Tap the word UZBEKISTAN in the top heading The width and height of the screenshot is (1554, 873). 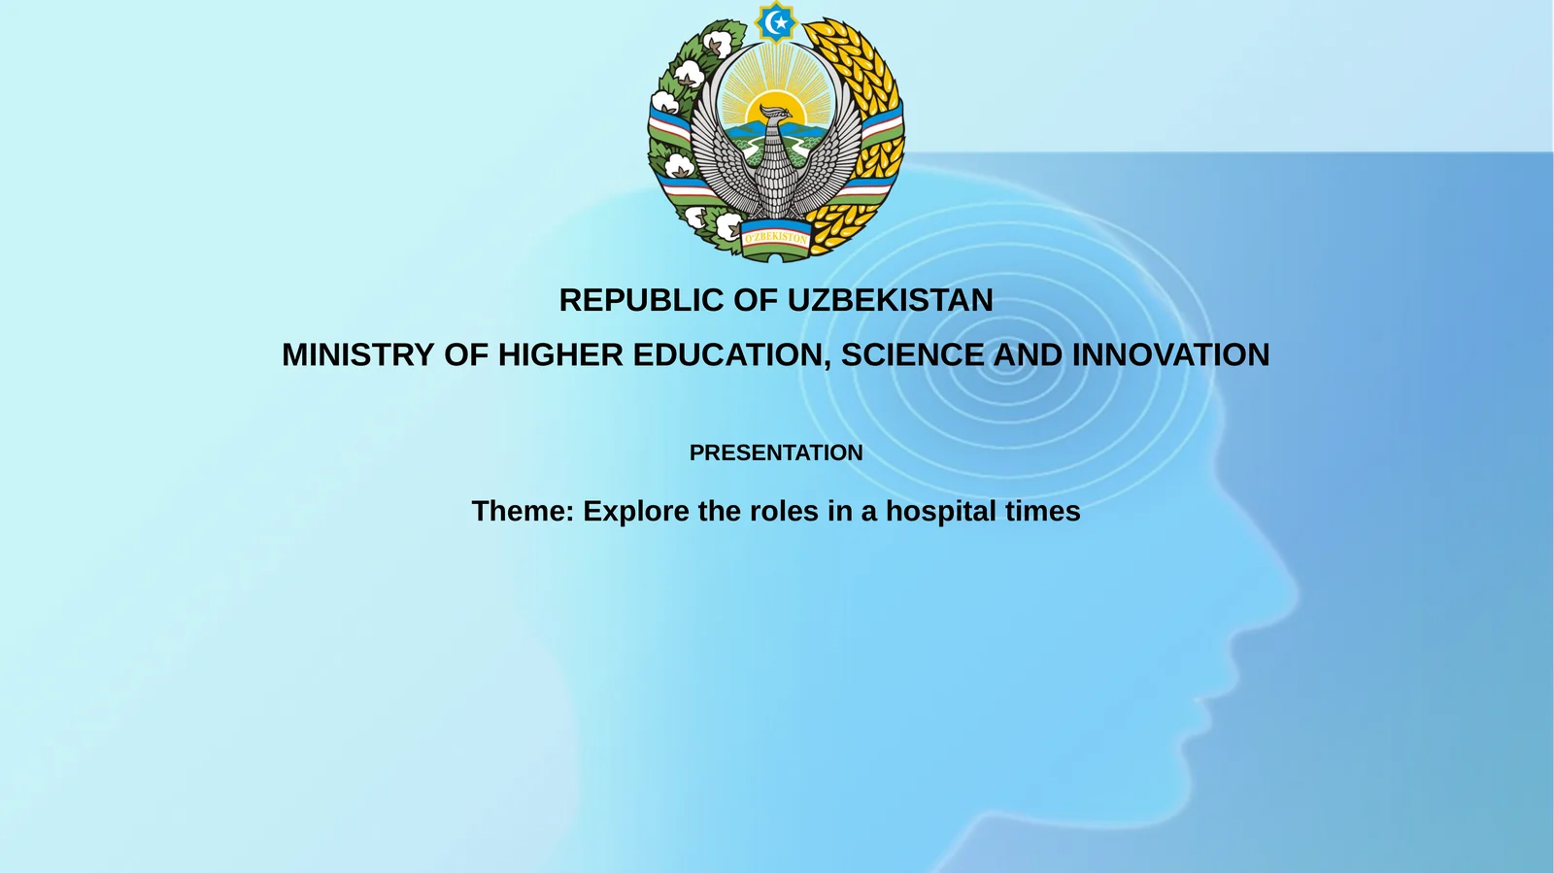pos(890,300)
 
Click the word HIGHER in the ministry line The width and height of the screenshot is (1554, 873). pos(560,354)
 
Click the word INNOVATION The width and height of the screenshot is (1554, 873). pos(1170,354)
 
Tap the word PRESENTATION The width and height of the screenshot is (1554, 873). pos(776,453)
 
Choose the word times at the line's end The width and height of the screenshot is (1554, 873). pos(1043,511)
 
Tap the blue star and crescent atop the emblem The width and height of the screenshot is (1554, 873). pos(776,22)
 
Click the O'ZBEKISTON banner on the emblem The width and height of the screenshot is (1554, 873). pos(775,236)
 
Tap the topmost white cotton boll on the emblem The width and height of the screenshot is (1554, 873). pos(717,44)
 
